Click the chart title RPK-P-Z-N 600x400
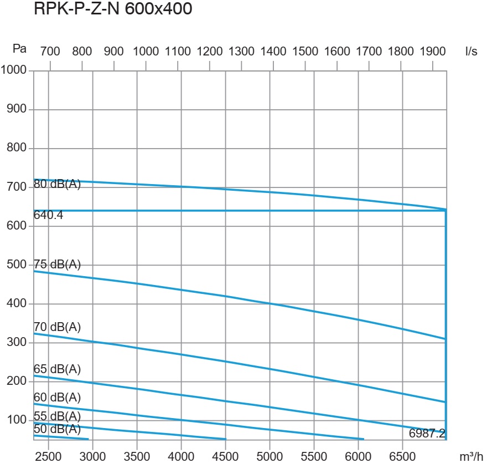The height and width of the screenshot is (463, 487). click(x=113, y=9)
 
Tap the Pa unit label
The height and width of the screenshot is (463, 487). click(x=19, y=49)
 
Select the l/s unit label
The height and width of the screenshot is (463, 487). click(x=471, y=51)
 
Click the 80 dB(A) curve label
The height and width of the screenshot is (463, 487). click(x=58, y=185)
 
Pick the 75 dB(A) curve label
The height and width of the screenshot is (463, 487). click(x=58, y=264)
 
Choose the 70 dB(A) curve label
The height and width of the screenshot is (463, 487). click(x=58, y=327)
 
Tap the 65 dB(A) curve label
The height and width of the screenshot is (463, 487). click(x=58, y=369)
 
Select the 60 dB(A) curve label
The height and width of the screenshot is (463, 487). click(x=58, y=397)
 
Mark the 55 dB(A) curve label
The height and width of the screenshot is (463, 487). click(x=58, y=416)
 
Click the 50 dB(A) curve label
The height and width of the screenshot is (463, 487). click(x=58, y=429)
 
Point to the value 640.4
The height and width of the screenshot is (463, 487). click(x=49, y=216)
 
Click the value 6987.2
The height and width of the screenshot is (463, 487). click(x=427, y=434)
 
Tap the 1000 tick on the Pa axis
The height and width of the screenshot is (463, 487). click(x=14, y=70)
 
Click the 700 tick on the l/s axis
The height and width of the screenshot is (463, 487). click(x=50, y=51)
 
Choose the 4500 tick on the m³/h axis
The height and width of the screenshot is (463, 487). click(x=225, y=456)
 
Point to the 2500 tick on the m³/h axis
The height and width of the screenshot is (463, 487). click(x=49, y=456)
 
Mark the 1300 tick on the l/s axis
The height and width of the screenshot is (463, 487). click(x=241, y=51)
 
